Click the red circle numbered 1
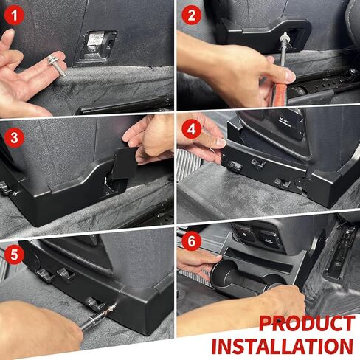click(14, 15)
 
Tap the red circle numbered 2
click(192, 15)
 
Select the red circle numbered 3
click(14, 138)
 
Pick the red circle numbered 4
click(192, 129)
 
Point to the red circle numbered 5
click(14, 255)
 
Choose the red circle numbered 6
click(192, 241)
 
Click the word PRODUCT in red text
click(307, 324)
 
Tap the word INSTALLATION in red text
click(283, 346)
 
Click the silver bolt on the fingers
click(56, 65)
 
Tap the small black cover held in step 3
click(125, 163)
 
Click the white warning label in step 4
click(287, 122)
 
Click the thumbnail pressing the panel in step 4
click(221, 142)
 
